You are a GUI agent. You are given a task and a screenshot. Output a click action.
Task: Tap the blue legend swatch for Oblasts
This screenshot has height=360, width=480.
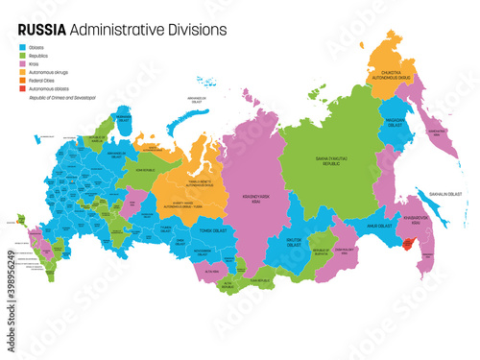23,45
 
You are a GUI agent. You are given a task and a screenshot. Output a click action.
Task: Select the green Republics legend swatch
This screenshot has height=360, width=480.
23,56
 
